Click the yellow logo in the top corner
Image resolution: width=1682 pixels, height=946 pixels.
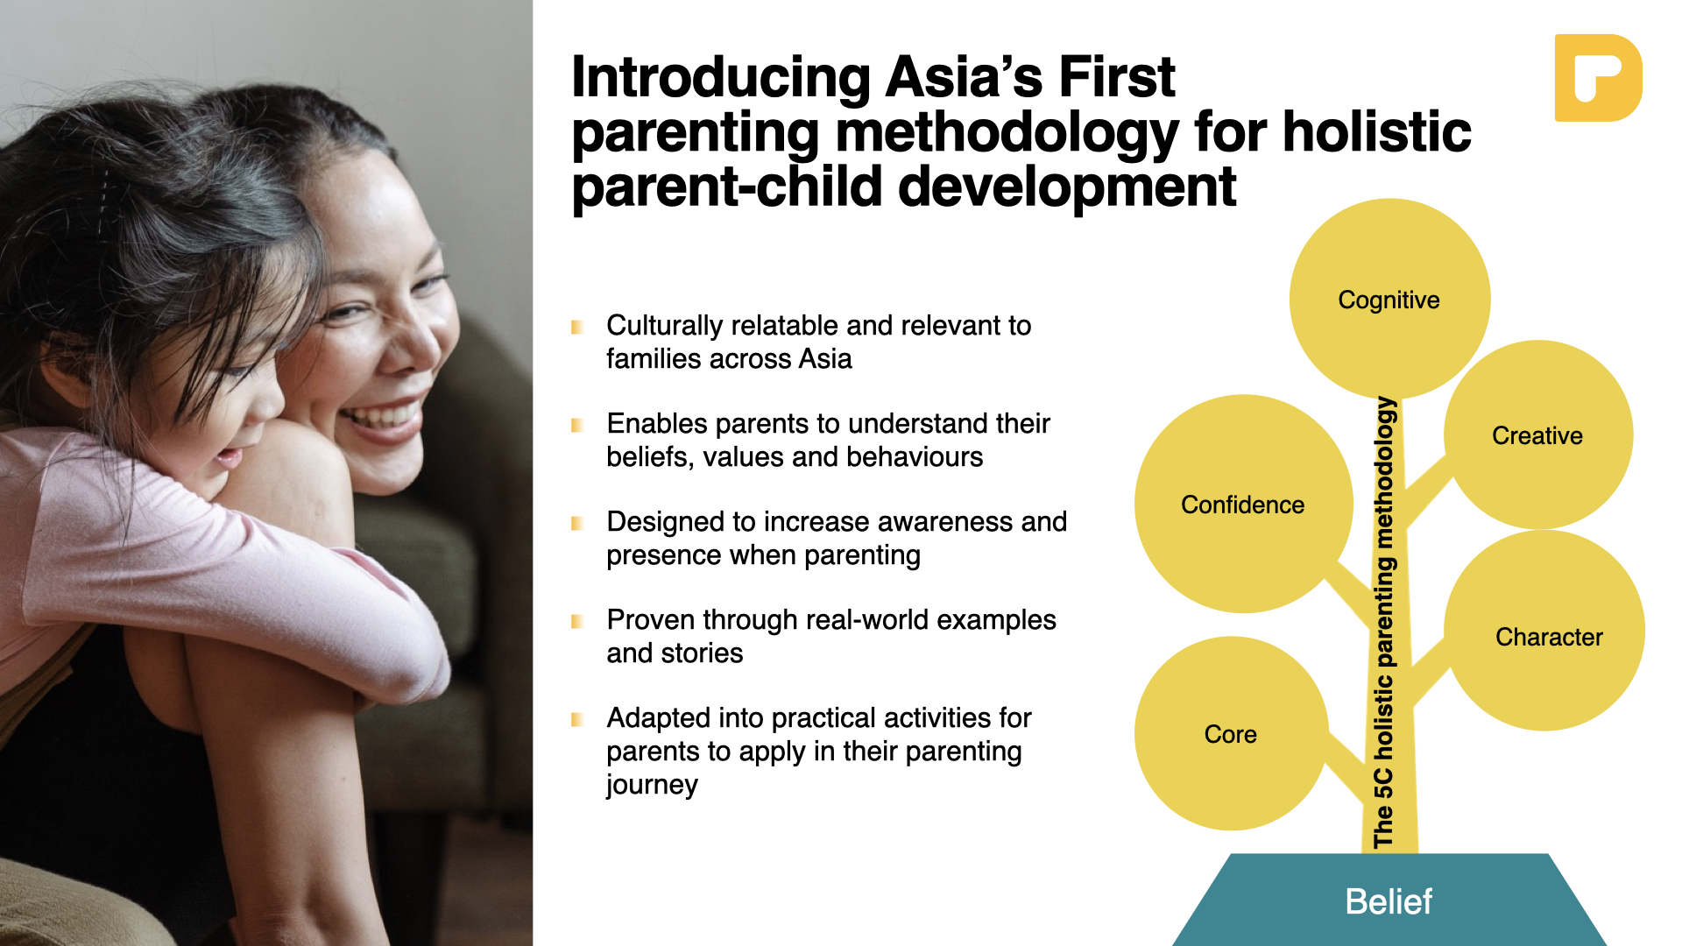[x=1598, y=78]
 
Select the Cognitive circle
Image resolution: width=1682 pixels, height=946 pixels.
[x=1389, y=299]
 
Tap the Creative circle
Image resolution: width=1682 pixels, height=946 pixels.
[x=1538, y=434]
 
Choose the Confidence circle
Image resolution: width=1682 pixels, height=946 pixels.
[x=1244, y=504]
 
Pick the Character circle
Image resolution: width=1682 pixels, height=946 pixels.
[x=1544, y=631]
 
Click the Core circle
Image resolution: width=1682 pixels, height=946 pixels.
[x=1232, y=733]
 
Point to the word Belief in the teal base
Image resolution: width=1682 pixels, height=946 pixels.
[x=1389, y=901]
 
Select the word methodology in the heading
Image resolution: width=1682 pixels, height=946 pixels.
[x=1007, y=133]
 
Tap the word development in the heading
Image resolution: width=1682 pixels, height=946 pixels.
[x=1067, y=187]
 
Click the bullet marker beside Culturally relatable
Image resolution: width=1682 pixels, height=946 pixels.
[x=577, y=327]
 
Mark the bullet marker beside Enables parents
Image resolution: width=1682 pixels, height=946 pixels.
[x=577, y=425]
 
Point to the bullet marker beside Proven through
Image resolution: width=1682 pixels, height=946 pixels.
[x=577, y=621]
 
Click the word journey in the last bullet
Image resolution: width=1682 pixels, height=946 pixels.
[x=652, y=785]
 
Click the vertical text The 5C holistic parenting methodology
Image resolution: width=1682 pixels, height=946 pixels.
[x=1383, y=623]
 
